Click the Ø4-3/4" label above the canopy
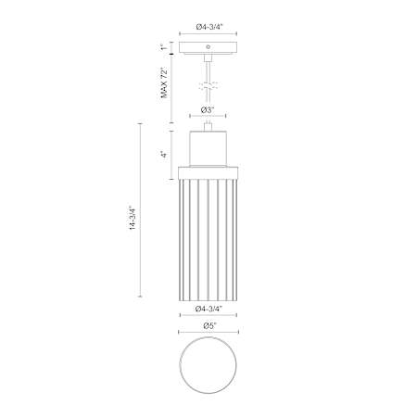coord(209,27)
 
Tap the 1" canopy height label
coord(164,48)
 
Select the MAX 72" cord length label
coord(165,82)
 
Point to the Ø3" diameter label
coord(208,109)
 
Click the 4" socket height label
coord(165,155)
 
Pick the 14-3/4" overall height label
coord(133,218)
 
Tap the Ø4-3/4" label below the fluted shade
coord(209,309)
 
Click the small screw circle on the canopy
coord(208,47)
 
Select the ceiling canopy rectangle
coord(208,48)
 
